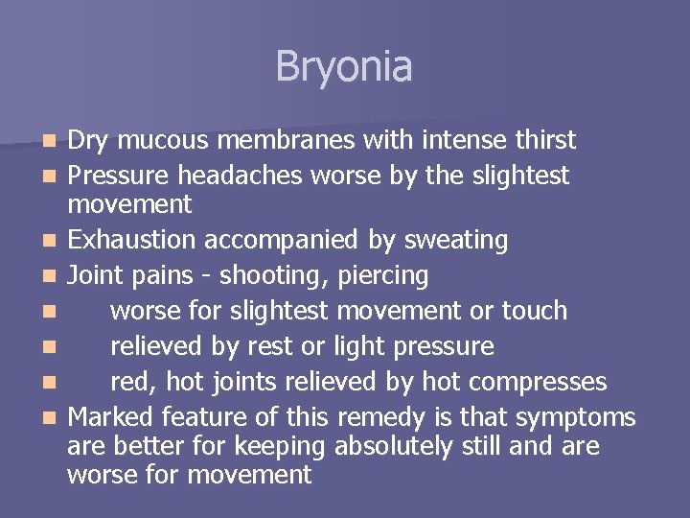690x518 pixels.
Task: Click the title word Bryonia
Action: pos(344,67)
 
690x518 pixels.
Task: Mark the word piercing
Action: pos(383,276)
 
